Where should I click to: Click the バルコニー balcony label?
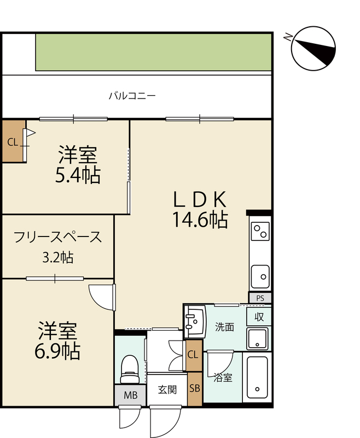coord(132,96)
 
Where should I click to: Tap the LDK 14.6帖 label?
coord(200,210)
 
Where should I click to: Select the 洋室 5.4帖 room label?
coord(78,165)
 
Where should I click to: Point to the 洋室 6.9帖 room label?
coord(57,340)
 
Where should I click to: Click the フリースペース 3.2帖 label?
coord(58,247)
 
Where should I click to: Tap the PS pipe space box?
coord(260,298)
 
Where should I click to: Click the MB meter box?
coord(130,395)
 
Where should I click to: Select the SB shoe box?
coord(195,389)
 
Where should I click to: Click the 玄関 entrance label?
coord(167,390)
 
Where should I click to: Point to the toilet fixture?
coord(130,369)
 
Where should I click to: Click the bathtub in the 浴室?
coord(257,377)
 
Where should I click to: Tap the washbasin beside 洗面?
coord(195,321)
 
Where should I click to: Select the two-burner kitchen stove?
coord(260,231)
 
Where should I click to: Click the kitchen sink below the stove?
coord(260,276)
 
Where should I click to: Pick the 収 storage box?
coord(259,317)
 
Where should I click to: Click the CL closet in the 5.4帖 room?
coord(13,141)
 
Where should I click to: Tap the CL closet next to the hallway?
coord(194,355)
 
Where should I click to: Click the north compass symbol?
coord(313,49)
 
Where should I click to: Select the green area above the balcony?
coord(154,52)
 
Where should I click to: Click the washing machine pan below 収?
coord(257,338)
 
